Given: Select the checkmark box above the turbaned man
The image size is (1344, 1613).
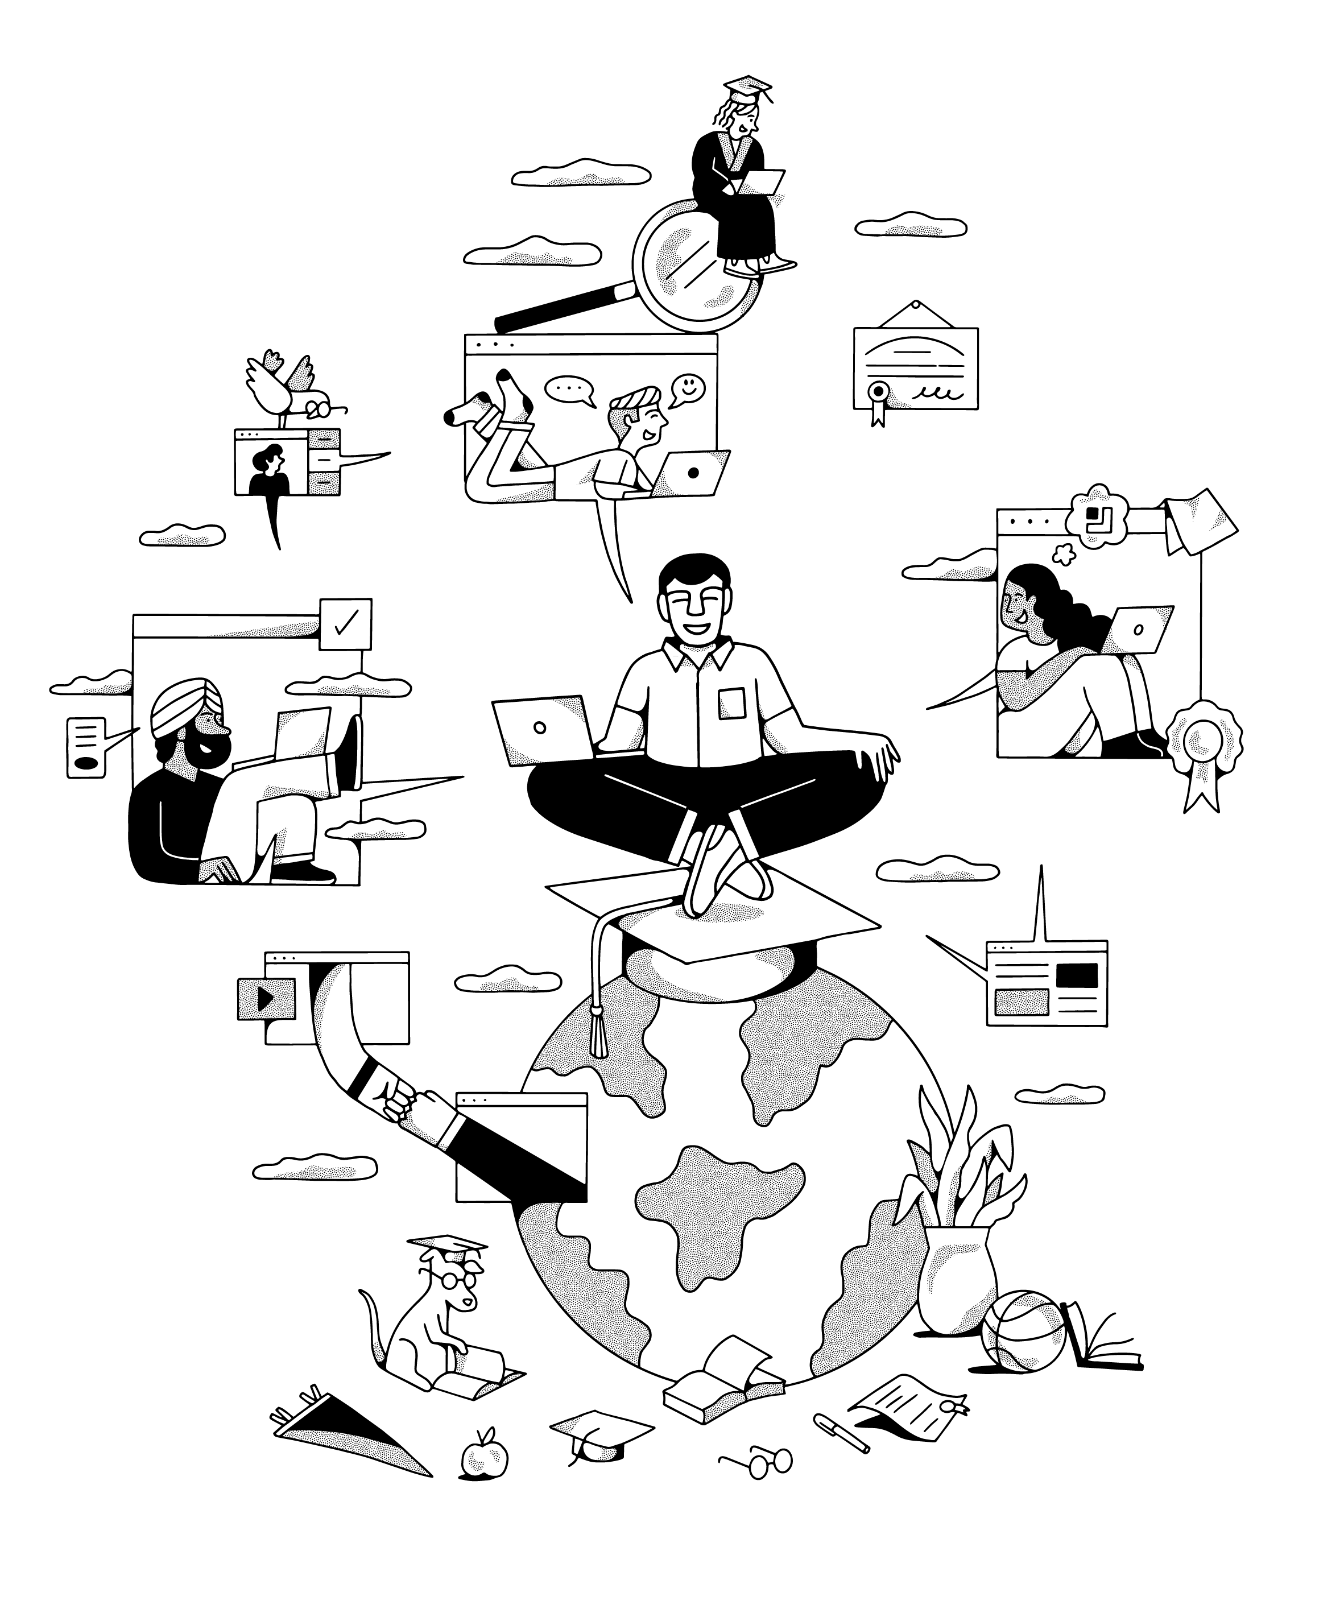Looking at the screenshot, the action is [346, 624].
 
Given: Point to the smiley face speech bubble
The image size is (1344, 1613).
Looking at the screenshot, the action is [688, 387].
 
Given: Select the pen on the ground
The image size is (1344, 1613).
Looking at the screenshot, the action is [841, 1432].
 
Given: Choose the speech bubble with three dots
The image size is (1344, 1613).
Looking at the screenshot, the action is [570, 390].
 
